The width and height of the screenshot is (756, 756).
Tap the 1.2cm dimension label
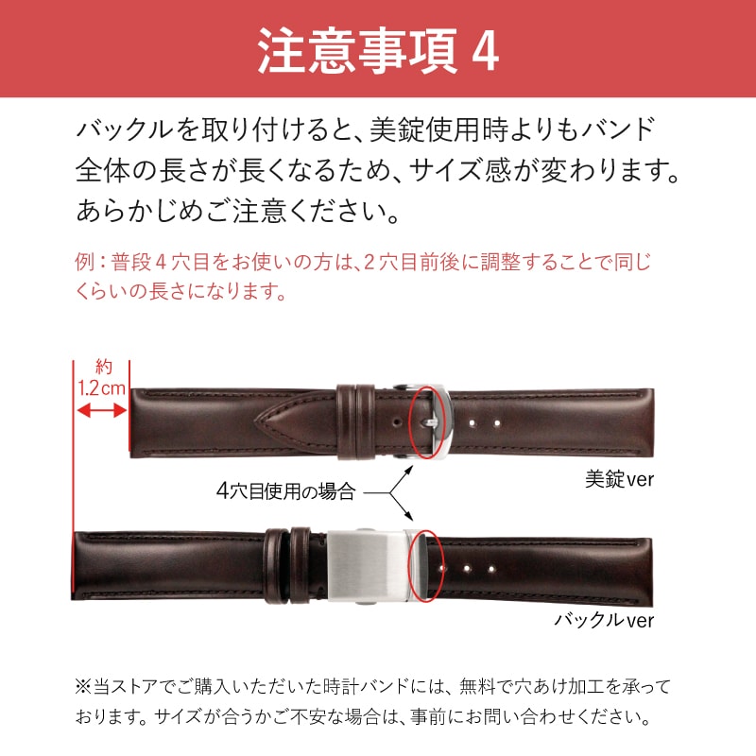click(101, 387)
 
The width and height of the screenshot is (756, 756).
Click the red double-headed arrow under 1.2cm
click(102, 411)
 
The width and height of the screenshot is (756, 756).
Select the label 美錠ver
click(619, 479)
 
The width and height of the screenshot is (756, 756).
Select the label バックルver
click(604, 620)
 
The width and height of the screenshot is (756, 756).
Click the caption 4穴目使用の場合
click(286, 491)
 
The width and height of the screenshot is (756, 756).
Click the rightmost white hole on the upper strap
click(497, 423)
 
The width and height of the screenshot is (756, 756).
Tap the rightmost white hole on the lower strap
click(491, 569)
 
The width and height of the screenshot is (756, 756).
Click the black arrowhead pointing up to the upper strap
click(410, 468)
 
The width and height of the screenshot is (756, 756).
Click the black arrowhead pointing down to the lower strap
click(410, 517)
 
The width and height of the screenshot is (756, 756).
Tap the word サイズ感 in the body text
click(461, 170)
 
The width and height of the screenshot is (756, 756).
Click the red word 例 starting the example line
click(84, 263)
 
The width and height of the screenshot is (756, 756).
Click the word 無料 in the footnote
click(476, 687)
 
